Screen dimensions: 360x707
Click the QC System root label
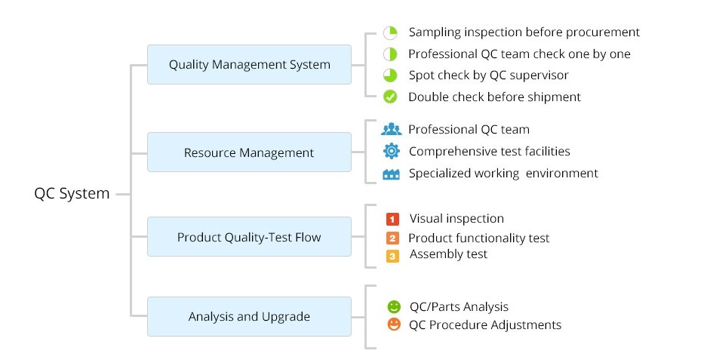(72, 193)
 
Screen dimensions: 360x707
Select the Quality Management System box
(249, 64)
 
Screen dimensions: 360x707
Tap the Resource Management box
(249, 152)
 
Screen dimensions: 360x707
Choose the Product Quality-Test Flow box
(249, 237)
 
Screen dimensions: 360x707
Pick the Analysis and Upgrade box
(249, 316)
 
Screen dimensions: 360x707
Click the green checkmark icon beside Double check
(390, 97)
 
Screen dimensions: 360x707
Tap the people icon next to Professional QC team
(391, 129)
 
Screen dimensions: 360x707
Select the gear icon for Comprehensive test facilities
(391, 151)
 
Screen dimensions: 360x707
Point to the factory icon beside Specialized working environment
(391, 174)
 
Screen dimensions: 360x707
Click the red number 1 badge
(392, 219)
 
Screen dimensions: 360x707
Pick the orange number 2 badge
(392, 238)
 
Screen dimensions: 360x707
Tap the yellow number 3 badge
(392, 256)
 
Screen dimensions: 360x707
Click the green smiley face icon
(393, 306)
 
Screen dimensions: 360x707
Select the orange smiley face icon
(393, 325)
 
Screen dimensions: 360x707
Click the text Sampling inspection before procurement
(524, 32)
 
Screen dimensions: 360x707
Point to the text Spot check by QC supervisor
(488, 75)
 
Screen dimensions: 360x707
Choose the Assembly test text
(448, 254)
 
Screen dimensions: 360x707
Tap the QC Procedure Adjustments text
(484, 325)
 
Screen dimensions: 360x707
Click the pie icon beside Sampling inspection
(390, 32)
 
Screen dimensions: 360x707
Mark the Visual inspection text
(456, 218)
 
